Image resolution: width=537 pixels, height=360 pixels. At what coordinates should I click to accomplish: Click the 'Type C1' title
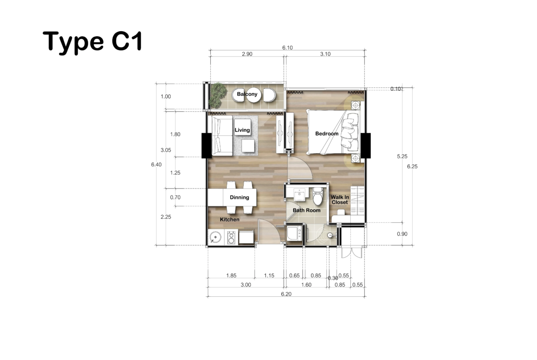point(92,41)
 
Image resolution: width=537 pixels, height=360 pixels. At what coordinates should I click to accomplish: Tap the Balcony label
point(247,94)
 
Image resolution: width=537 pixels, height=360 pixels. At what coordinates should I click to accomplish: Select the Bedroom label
point(327,133)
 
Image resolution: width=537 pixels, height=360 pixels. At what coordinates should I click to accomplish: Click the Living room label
point(242,130)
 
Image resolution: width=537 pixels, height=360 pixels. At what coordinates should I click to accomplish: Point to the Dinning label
point(240,198)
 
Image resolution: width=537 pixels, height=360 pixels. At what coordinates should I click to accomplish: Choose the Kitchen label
point(229,219)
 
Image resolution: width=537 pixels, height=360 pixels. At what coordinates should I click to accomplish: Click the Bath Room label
point(307,210)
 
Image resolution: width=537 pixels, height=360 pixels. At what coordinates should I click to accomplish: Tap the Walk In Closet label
point(340,199)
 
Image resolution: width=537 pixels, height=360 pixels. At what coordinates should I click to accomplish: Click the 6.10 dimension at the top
point(287,48)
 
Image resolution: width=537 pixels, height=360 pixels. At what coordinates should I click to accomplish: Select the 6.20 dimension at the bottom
point(286,294)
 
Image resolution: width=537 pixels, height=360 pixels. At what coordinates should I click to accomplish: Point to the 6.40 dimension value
point(156,165)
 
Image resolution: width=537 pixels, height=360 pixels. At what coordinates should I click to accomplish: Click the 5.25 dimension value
point(402,156)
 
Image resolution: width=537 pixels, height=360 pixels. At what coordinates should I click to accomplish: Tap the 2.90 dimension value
point(247,54)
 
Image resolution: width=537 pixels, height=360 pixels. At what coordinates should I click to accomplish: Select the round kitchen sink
point(215,237)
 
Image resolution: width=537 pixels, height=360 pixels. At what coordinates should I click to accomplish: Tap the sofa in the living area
point(222,136)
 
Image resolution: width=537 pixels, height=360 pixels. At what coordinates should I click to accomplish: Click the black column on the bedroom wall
point(365,145)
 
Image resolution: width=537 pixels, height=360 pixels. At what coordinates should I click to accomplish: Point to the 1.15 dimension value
point(269,276)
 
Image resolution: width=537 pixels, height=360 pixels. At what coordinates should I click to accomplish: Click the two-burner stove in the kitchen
point(231,237)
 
